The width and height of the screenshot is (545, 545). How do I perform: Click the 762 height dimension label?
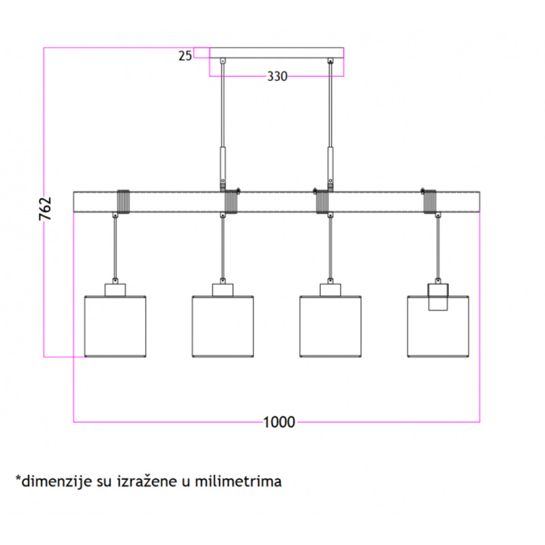45,208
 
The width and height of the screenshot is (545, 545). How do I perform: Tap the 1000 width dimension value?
279,422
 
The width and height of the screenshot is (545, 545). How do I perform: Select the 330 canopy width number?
277,76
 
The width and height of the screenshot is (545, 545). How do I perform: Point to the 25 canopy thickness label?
185,56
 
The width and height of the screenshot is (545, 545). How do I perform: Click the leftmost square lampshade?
115,326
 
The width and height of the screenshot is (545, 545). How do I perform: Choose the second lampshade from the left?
223,326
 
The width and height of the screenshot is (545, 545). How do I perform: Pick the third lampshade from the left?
330,326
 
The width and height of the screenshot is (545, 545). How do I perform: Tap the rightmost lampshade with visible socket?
438,326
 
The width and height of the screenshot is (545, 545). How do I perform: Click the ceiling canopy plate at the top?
277,53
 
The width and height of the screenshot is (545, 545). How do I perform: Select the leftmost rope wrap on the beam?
123,202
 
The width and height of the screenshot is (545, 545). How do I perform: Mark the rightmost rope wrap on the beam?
430,202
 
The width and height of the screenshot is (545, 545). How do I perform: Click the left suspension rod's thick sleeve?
223,163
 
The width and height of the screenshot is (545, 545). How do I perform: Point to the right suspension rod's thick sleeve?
330,163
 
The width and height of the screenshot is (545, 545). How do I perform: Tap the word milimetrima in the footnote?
238,482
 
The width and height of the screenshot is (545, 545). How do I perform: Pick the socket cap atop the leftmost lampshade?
115,290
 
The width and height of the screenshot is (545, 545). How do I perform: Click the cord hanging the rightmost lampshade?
438,248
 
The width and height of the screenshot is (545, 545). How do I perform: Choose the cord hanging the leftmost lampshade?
115,248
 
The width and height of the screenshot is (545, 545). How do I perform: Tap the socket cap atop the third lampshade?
330,290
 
